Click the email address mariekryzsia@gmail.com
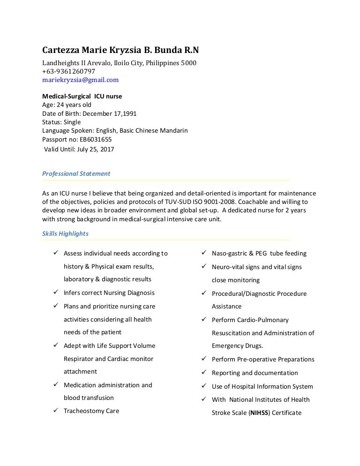pos(80,80)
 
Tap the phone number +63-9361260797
pos(68,71)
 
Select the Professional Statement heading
pos(76,173)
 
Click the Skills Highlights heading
pos(65,233)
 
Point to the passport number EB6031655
pos(97,139)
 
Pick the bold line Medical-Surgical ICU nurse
pos(82,96)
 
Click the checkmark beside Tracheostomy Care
pos(54,411)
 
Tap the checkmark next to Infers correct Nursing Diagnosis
pos(54,293)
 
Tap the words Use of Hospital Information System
pos(262,386)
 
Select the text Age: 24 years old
pos(67,105)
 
